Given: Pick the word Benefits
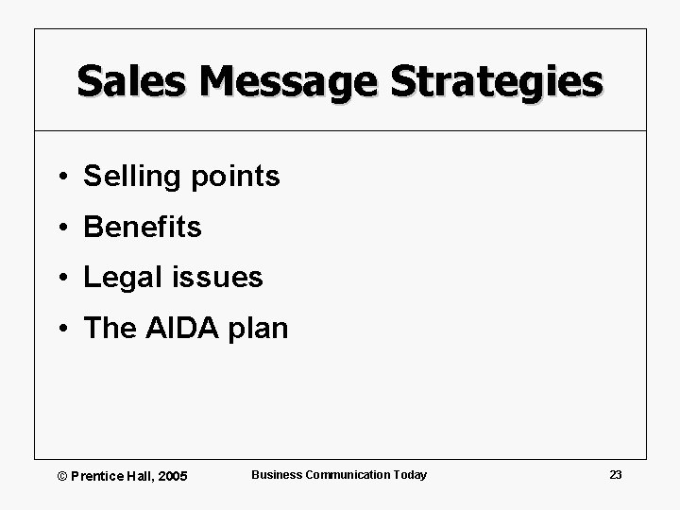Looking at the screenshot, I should [143, 227].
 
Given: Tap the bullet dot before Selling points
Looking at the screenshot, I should [59, 177].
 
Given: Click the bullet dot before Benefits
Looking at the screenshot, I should [59, 228].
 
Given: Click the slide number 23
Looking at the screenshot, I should [615, 474].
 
